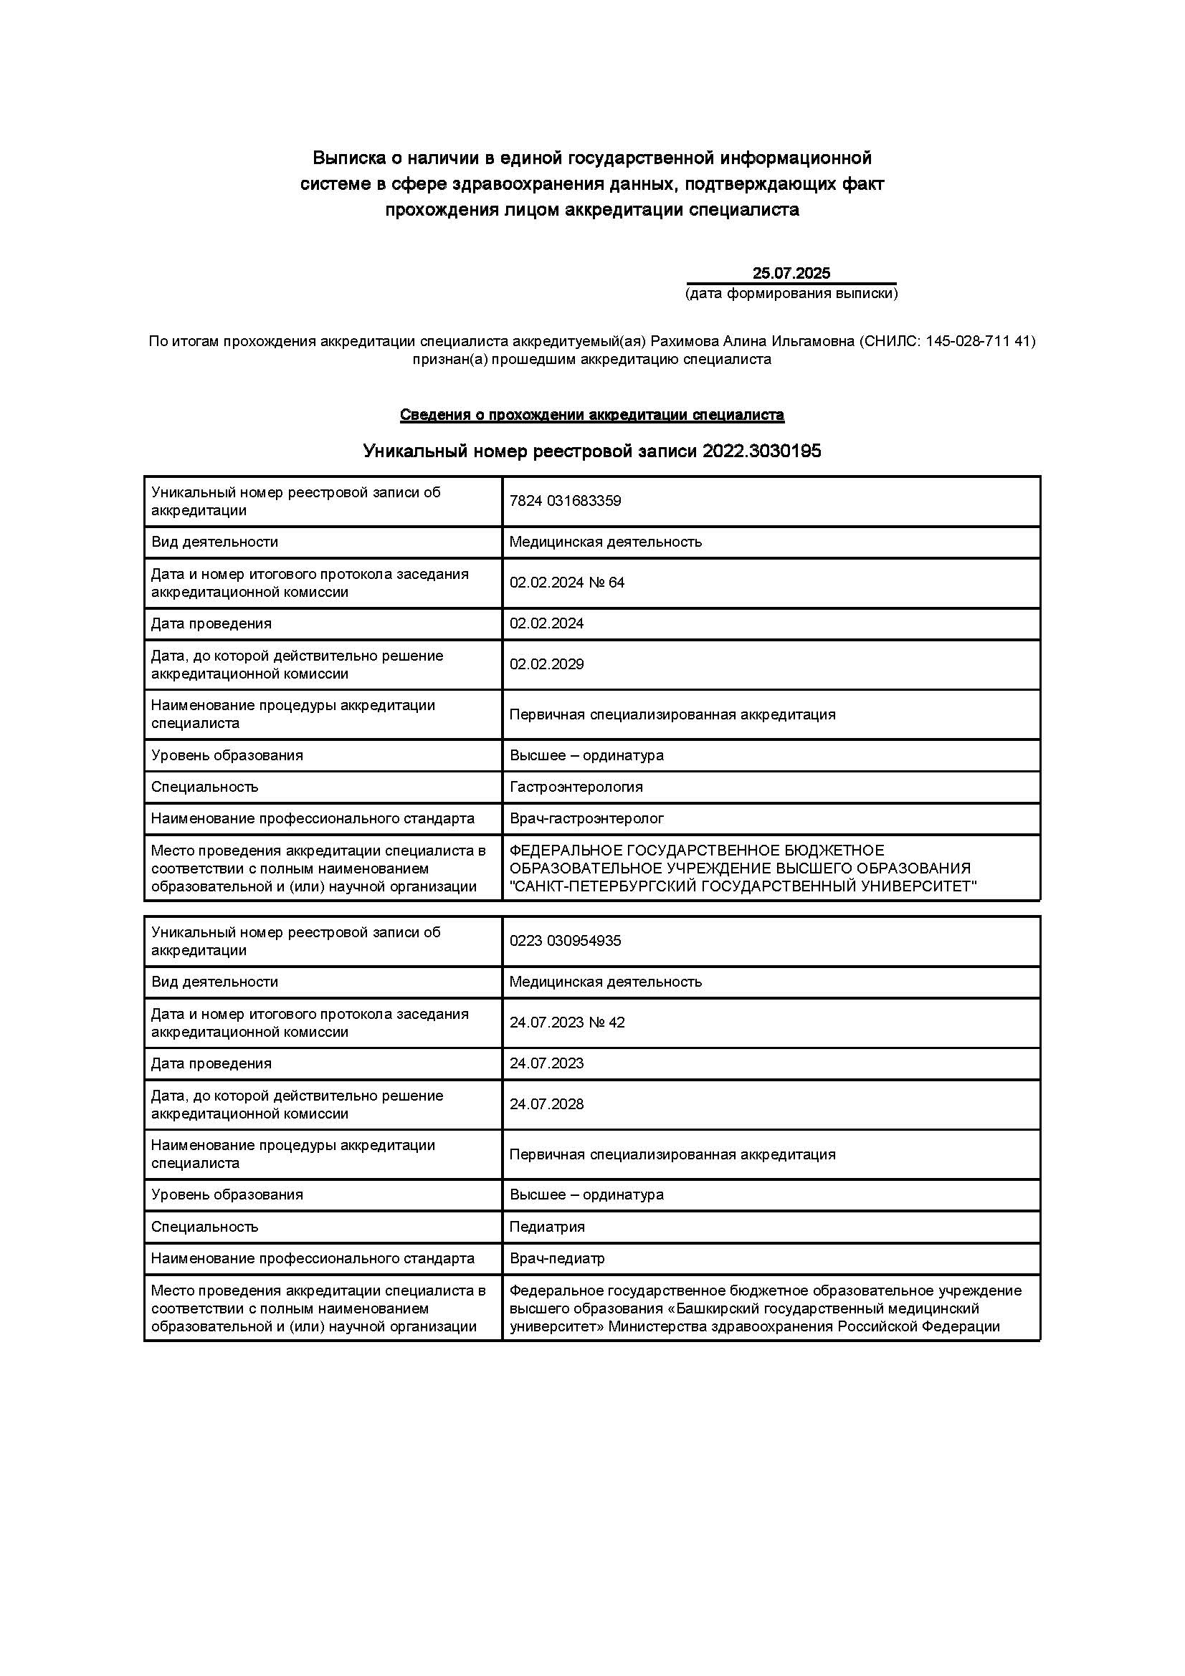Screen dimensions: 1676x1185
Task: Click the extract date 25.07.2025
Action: coord(791,274)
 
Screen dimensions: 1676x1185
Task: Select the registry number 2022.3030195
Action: coord(761,451)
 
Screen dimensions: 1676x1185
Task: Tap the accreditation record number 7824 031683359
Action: coord(565,501)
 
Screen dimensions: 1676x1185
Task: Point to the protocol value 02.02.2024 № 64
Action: coord(566,583)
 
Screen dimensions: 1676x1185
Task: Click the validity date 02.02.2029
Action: coord(546,664)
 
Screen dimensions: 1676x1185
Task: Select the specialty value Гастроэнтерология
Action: coord(576,787)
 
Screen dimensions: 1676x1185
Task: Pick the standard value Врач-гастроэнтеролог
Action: coord(586,818)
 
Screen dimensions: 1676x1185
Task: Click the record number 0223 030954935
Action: coord(565,940)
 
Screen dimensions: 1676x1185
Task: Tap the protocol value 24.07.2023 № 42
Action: coord(566,1022)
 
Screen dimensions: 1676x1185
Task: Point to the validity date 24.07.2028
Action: coord(546,1103)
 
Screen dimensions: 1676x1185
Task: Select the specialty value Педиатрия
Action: coord(547,1226)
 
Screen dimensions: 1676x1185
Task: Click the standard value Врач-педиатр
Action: coord(556,1258)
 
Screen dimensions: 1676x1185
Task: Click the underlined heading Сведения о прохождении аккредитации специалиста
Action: coord(591,416)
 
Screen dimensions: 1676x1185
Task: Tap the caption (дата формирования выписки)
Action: coord(791,294)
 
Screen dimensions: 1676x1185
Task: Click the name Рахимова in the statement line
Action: coord(683,341)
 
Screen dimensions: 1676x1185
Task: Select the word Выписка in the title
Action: coord(345,158)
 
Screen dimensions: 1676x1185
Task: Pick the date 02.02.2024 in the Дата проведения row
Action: coord(546,623)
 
